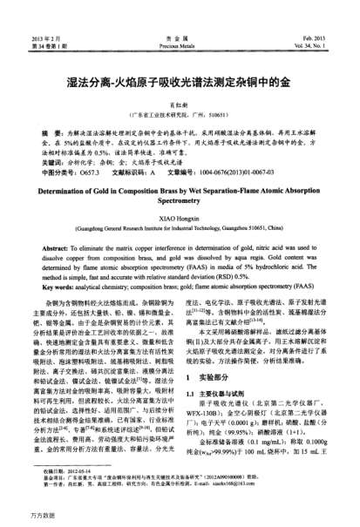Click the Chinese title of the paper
(180, 84)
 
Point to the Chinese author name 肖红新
(180, 103)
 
